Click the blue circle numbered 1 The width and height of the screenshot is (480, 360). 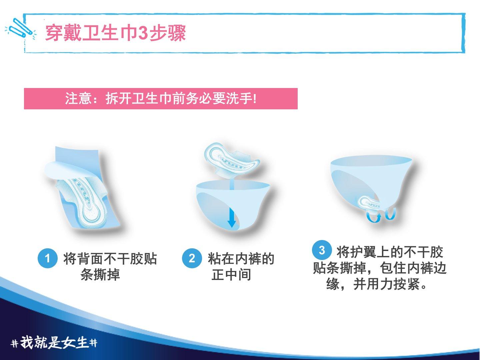47,258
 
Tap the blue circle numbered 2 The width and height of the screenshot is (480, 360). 192,258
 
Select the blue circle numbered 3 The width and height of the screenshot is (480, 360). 322,250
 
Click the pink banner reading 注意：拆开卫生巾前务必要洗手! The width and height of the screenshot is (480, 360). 161,99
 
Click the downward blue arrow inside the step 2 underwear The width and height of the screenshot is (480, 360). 231,218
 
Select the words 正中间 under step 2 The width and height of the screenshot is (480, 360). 231,275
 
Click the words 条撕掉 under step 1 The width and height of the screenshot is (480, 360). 100,275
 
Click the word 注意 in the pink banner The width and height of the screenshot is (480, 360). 78,99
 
